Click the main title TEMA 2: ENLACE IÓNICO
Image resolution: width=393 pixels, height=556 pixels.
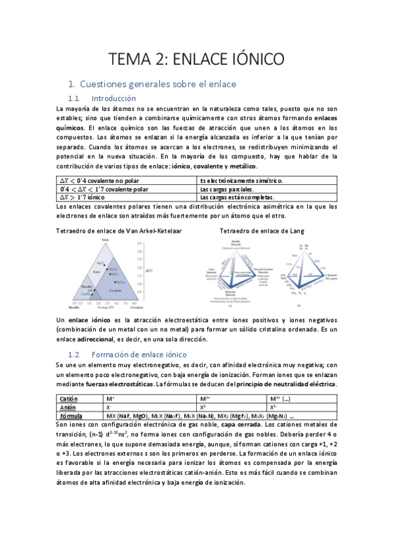[x=196, y=59]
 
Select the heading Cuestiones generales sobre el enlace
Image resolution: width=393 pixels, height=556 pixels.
[x=157, y=85]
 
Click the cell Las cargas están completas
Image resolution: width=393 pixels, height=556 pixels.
[x=236, y=197]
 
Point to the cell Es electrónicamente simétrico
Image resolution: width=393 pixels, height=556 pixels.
[x=241, y=180]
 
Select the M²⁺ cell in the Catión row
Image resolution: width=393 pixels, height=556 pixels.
[x=205, y=399]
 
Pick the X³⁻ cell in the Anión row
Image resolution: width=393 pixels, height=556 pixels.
[x=274, y=407]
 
